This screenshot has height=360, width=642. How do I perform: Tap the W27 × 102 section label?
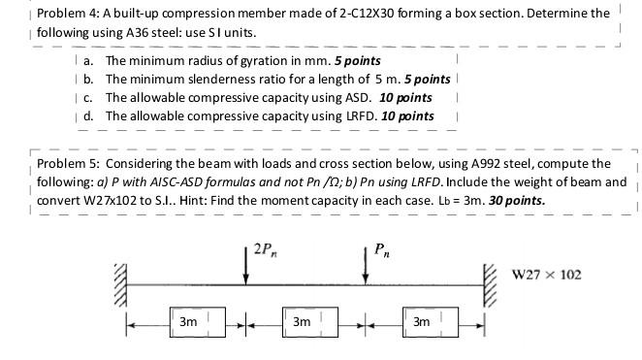click(x=547, y=275)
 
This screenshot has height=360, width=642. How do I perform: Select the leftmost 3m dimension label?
click(x=188, y=319)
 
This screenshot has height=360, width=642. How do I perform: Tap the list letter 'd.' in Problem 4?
click(x=88, y=116)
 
